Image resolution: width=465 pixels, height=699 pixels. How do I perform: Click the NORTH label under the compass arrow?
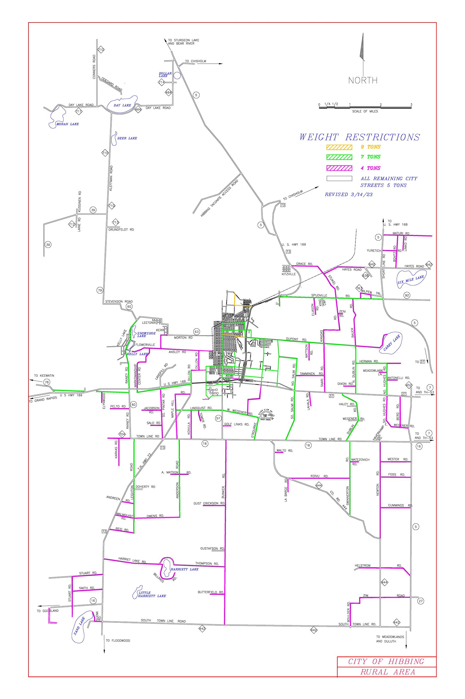(363, 80)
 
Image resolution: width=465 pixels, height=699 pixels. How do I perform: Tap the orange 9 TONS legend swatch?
(339, 147)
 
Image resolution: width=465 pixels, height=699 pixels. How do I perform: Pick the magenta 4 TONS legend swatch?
(339, 168)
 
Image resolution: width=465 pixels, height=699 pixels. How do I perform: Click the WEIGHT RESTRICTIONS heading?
(360, 137)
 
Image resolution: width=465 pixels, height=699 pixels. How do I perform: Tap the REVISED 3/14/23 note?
(349, 195)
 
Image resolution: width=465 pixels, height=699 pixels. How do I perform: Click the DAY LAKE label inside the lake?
(122, 105)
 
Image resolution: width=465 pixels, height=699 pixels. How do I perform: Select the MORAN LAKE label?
(68, 124)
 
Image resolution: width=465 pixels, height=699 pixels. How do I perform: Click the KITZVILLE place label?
(288, 274)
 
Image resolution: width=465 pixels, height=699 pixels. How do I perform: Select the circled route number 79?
(100, 290)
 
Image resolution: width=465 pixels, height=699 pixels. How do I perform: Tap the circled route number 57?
(218, 418)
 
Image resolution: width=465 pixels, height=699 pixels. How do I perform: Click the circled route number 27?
(420, 601)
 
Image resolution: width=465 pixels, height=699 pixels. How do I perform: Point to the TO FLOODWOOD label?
(118, 649)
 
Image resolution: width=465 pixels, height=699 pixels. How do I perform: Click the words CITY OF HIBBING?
(386, 662)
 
